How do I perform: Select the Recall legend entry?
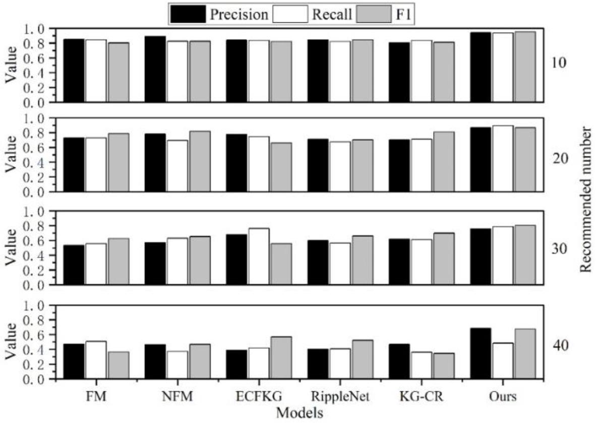tap(313, 14)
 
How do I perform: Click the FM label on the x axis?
tap(95, 396)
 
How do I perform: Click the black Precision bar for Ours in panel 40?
tap(481, 353)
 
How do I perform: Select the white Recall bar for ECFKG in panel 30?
tap(259, 257)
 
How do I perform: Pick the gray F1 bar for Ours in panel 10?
tap(525, 67)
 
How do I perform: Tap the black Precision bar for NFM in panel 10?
tap(155, 69)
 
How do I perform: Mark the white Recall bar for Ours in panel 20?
tap(503, 158)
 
